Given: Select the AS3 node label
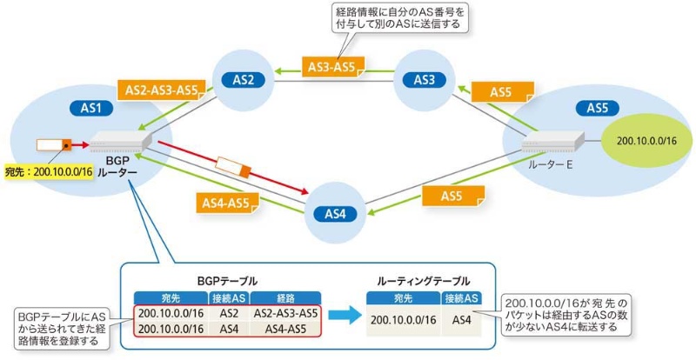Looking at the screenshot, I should coord(424,80).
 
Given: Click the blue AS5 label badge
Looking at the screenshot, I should coord(597,109).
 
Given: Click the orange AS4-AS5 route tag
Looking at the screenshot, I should coord(225,203).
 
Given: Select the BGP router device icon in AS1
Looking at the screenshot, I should coord(121,141).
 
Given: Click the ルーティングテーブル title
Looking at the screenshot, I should coord(424,281).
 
